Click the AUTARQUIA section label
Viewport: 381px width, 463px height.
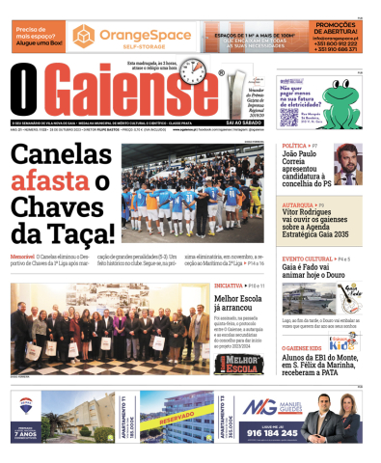[297, 205]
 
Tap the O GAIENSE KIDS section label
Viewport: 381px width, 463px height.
[304, 347]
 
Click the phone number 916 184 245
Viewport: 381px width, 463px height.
[274, 433]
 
